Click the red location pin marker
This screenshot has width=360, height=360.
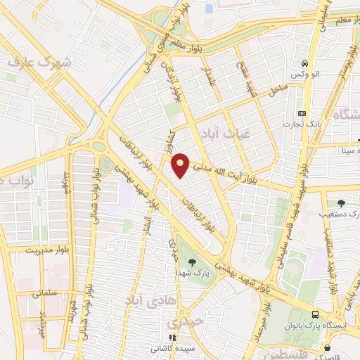point(181,165)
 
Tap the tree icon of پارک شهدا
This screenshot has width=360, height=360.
point(193,263)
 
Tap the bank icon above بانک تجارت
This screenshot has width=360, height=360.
point(303,114)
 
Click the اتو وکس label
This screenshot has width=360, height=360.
point(306,74)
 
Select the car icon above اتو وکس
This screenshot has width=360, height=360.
point(303,63)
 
